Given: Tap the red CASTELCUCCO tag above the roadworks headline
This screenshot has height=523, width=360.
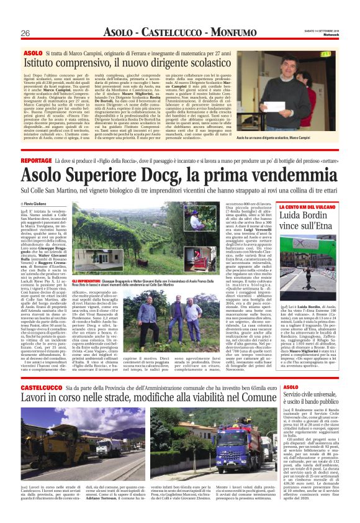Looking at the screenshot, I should click(41, 387).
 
